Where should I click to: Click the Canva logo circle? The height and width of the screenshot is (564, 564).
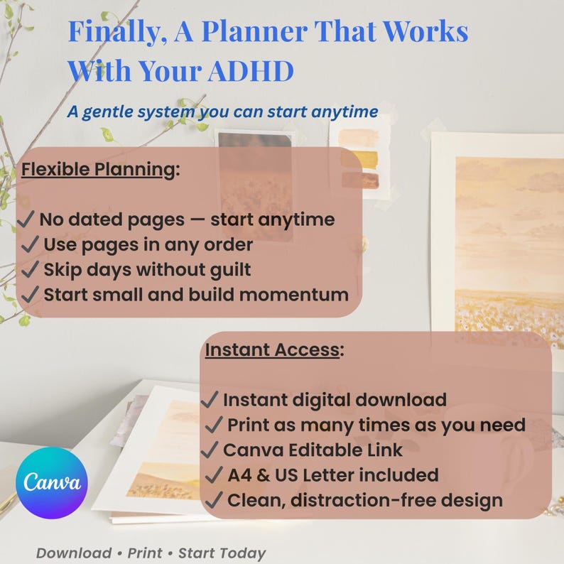(51, 482)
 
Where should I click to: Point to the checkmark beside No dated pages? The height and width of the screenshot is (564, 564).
(27, 219)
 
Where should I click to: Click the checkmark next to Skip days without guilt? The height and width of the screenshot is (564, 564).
(31, 269)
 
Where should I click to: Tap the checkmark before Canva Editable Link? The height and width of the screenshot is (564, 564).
(211, 450)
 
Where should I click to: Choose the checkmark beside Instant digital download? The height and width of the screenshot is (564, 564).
(211, 400)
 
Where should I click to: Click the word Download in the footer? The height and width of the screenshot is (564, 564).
(74, 553)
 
